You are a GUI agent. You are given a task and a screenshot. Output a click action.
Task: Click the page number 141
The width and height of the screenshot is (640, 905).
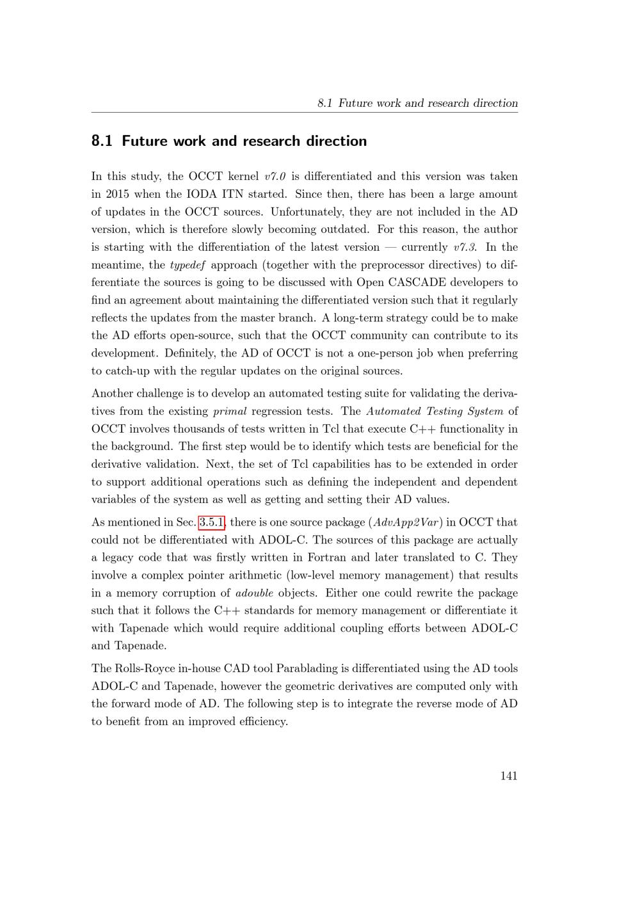pos(508,776)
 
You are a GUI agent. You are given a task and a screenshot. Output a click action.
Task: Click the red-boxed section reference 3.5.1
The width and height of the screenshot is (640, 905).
pos(212,522)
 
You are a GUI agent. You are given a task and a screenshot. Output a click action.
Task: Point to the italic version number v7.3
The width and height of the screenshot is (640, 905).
pos(463,247)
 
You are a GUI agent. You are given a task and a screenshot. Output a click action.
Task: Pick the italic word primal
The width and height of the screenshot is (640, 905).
pos(229,412)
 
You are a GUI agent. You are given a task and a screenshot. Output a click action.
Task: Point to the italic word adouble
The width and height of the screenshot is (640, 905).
pos(254,593)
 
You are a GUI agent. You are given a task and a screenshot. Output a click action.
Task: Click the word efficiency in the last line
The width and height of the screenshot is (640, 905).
pos(261,722)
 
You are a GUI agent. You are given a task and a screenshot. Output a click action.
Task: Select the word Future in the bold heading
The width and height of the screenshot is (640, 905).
pos(145,141)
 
